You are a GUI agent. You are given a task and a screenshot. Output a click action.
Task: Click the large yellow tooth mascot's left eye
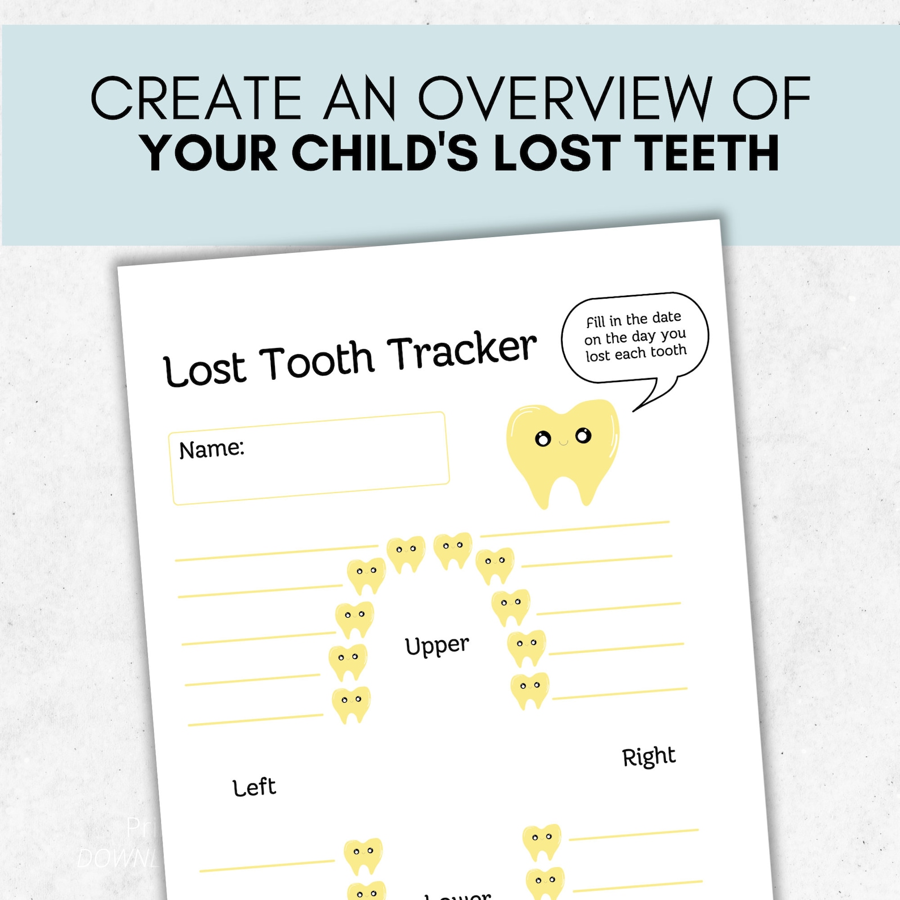(542, 439)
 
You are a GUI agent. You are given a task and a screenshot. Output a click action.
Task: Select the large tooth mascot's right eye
(583, 435)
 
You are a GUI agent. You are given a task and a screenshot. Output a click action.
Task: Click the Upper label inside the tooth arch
(436, 646)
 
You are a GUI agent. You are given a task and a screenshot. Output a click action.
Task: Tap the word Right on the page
(648, 757)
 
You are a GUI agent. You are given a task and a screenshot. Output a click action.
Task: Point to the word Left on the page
(254, 787)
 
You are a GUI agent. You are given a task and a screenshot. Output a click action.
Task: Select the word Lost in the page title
(204, 370)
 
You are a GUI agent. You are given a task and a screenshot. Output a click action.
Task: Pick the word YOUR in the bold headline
(209, 153)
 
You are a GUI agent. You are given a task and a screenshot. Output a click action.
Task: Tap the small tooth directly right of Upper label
(527, 647)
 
